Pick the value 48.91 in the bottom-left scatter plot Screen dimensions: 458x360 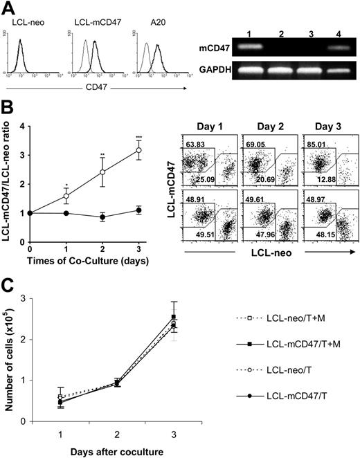tap(196, 199)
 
